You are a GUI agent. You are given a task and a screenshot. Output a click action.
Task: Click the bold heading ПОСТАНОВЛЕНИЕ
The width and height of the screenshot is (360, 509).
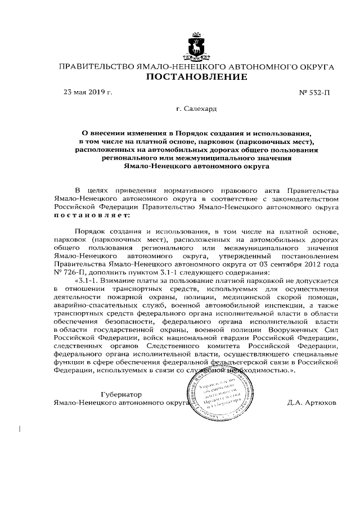[197, 77]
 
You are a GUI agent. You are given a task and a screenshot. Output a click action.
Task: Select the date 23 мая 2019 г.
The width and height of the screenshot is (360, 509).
[88, 91]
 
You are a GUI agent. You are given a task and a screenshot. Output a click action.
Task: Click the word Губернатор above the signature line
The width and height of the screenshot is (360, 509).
[122, 394]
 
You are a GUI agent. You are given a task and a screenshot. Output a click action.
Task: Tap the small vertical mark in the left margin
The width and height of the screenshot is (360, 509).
[21, 429]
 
